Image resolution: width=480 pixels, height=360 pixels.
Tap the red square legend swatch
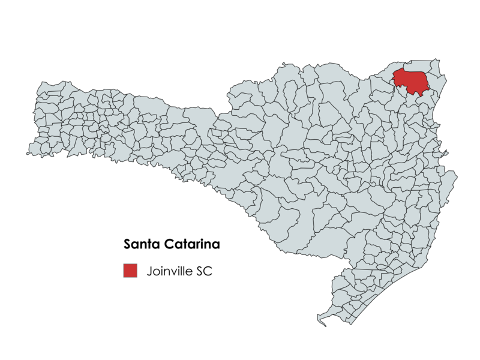[130, 271]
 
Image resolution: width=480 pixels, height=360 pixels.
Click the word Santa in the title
[142, 245]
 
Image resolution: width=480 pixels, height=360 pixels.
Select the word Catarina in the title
[190, 245]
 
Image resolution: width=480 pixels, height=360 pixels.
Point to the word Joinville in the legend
[169, 271]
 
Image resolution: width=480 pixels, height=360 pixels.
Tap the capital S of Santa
[127, 245]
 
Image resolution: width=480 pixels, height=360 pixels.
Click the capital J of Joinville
[149, 271]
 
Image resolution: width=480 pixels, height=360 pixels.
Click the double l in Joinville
[182, 271]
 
